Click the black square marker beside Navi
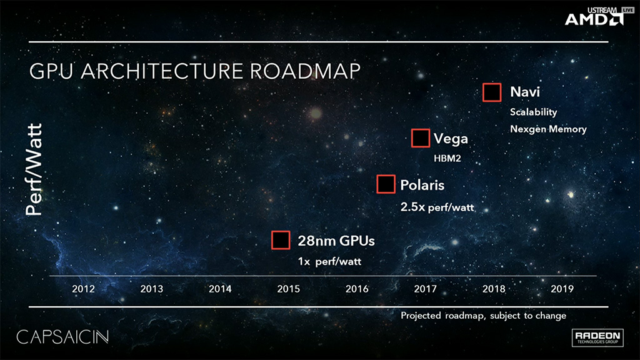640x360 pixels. [x=492, y=92]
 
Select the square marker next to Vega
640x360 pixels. [x=421, y=138]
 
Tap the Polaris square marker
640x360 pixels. [x=386, y=184]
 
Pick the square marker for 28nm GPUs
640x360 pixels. [x=281, y=240]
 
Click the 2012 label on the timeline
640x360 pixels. [x=83, y=289]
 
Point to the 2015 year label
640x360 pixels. [x=289, y=289]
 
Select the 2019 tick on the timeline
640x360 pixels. [x=562, y=289]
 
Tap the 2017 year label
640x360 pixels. [x=425, y=289]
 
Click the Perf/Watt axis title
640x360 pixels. [x=34, y=169]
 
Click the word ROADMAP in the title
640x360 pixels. [x=305, y=71]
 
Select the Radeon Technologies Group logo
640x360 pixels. [x=597, y=337]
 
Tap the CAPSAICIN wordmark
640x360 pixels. [x=63, y=337]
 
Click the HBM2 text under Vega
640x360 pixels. [x=447, y=158]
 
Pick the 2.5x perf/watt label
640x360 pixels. [x=437, y=207]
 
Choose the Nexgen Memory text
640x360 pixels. [x=548, y=129]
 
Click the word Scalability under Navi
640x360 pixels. [x=534, y=112]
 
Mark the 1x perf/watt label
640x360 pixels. [x=330, y=261]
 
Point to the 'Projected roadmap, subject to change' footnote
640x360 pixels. [x=483, y=316]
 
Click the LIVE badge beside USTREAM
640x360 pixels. [x=627, y=10]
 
